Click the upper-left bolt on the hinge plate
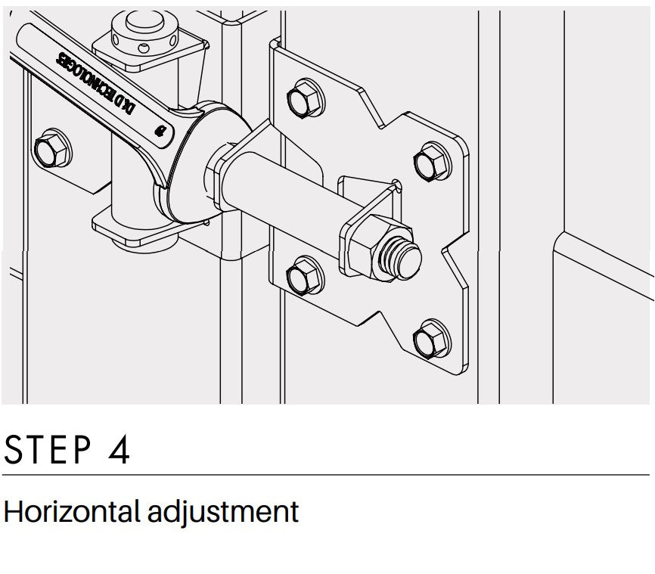(306, 99)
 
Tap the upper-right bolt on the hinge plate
(432, 162)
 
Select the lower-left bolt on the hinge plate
(305, 275)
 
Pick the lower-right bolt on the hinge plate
(432, 340)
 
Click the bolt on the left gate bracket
(52, 148)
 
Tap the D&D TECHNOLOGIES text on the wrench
(95, 83)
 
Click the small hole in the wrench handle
(160, 131)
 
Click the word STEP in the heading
(48, 449)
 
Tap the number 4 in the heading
(119, 449)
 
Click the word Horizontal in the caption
(71, 511)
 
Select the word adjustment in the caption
(223, 511)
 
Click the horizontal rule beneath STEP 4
(326, 475)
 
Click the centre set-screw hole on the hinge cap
(143, 48)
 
